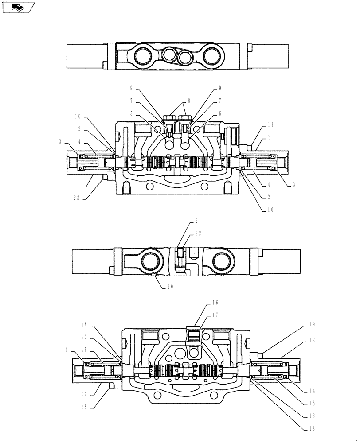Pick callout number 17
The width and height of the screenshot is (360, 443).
coord(215,315)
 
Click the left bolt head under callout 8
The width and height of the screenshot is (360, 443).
coord(169,118)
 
